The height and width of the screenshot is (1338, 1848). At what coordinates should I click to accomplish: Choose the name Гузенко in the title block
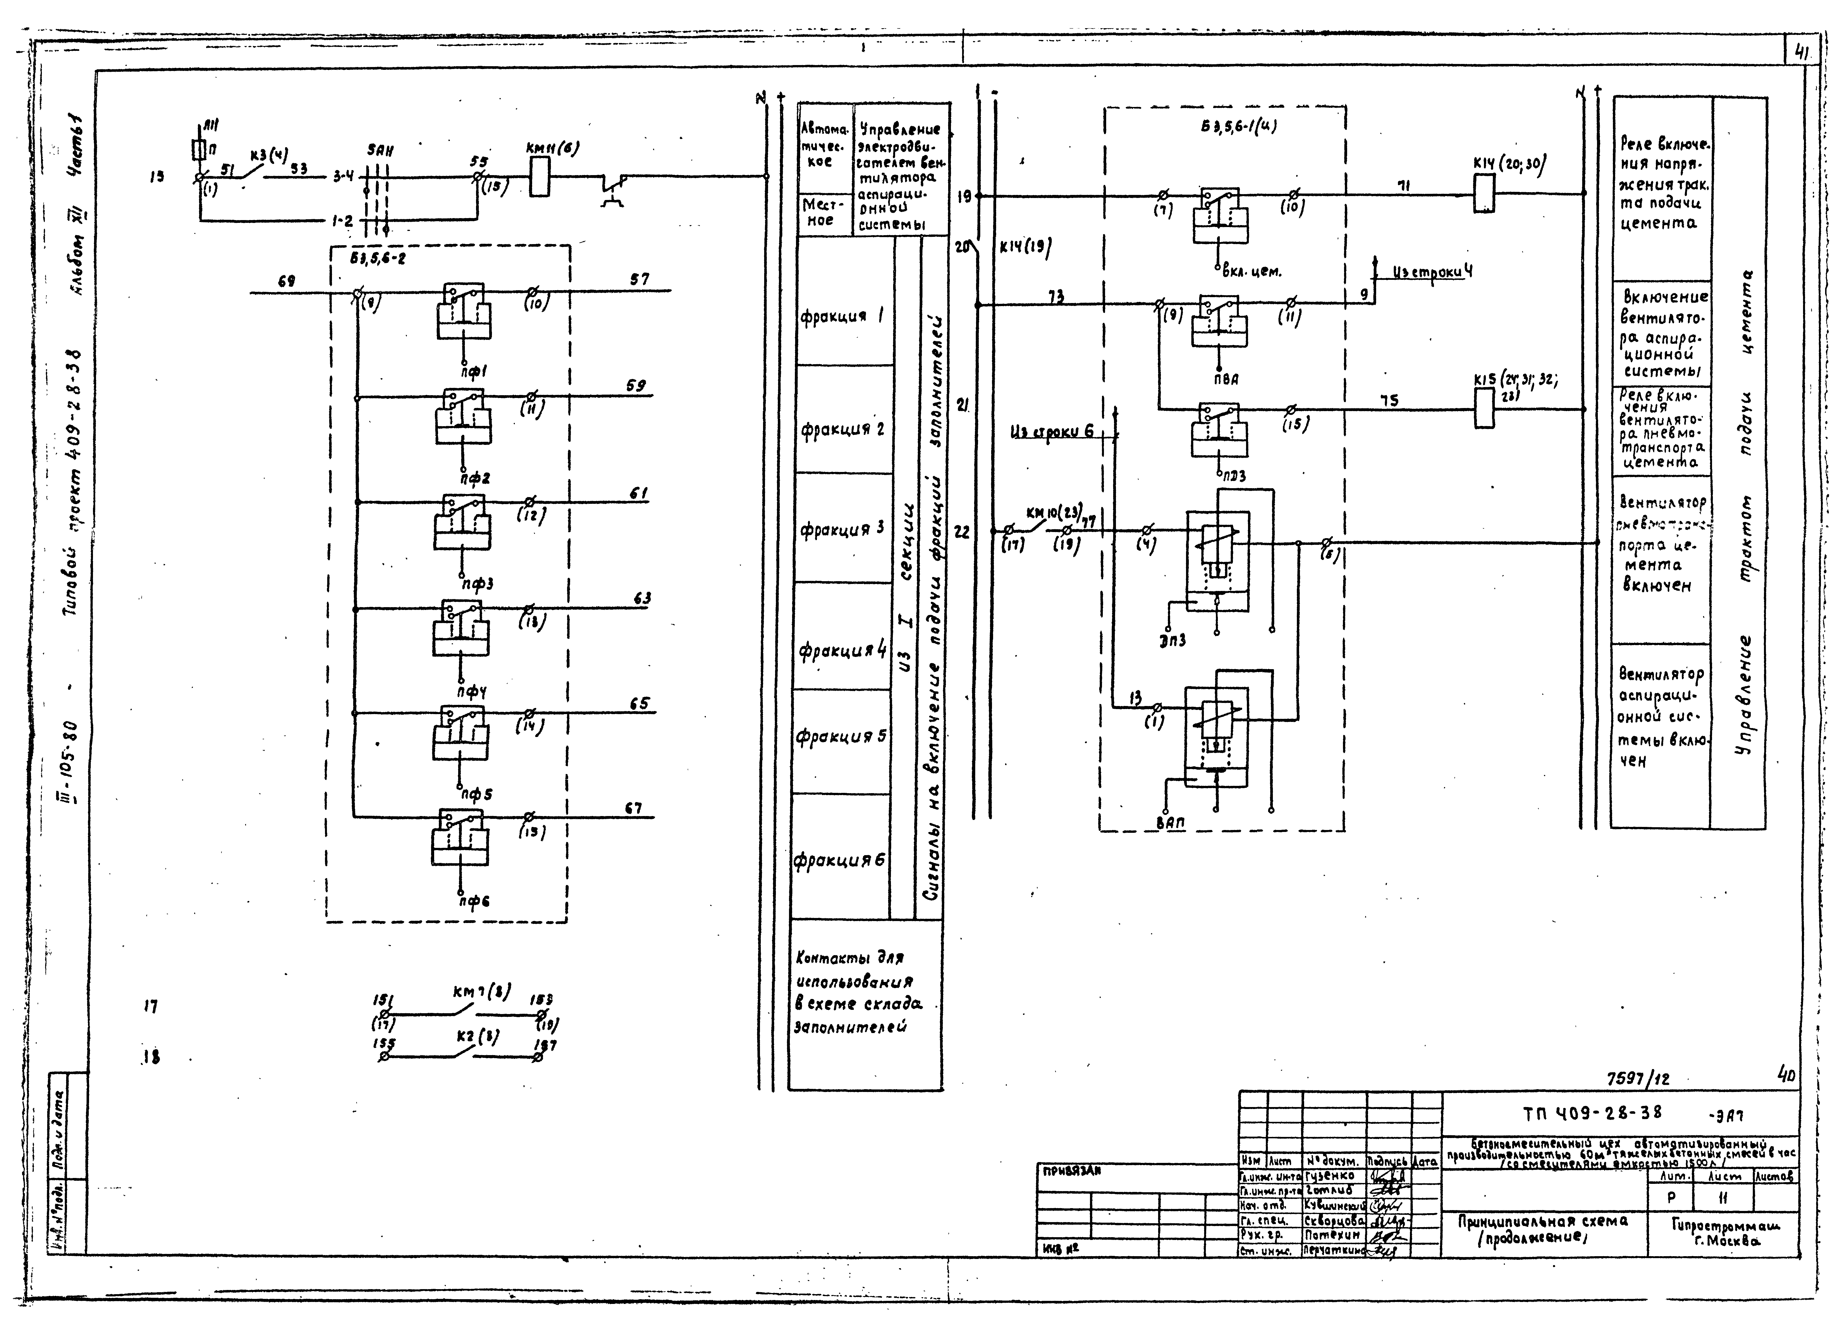tap(1329, 1176)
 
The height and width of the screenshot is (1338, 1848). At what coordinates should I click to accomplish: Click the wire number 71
tap(1403, 186)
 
